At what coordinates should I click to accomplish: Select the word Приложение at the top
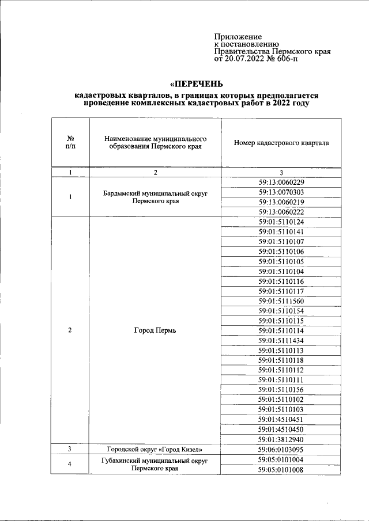(238, 36)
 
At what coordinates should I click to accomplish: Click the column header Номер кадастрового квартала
(281, 142)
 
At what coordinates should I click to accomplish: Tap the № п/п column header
(70, 142)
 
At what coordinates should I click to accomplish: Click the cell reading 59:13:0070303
(281, 192)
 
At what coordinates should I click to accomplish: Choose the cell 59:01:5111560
(281, 301)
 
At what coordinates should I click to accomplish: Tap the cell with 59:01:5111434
(281, 341)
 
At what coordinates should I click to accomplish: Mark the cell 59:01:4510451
(281, 419)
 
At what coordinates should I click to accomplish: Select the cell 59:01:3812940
(281, 439)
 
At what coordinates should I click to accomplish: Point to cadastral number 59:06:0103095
(281, 449)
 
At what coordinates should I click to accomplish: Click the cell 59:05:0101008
(281, 469)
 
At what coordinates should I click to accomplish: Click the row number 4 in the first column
(70, 464)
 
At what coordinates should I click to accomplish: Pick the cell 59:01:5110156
(281, 390)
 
